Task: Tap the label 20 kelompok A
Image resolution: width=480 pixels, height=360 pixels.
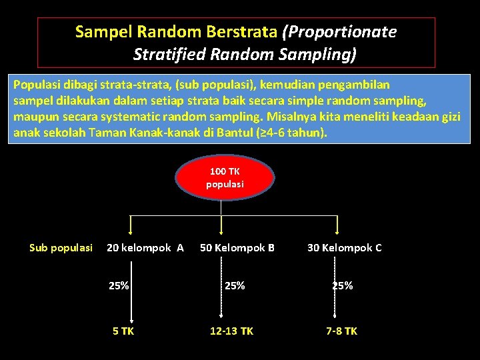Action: point(145,248)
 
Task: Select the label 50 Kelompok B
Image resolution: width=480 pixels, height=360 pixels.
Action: point(237,248)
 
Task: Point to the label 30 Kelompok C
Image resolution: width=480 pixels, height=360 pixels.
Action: point(344,248)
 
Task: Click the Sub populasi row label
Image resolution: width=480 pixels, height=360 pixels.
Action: point(61,248)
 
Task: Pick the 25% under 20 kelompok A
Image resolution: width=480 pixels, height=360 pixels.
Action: point(119,286)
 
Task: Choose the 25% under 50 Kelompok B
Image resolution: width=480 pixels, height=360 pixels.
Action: point(235,286)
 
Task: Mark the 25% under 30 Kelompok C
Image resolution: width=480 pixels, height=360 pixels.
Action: point(343,286)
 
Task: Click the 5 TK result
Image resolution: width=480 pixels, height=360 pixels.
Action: point(123,331)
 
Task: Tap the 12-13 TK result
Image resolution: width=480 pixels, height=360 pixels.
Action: point(231,331)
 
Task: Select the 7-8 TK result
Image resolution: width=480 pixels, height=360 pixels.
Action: point(341,331)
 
